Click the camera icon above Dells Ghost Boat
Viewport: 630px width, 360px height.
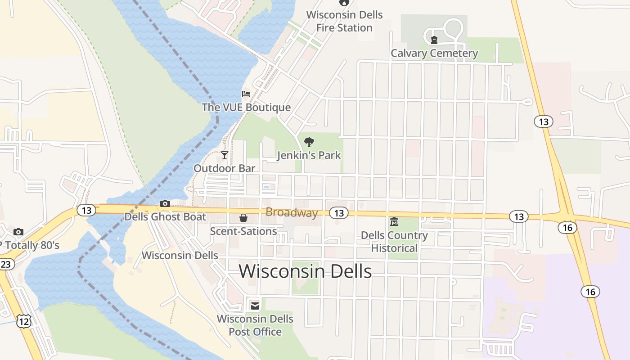(165, 203)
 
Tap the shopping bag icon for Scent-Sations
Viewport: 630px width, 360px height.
(243, 218)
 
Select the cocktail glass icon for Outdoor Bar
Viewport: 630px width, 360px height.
(225, 155)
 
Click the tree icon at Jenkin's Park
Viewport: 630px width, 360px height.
(309, 142)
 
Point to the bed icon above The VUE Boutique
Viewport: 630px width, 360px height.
(246, 94)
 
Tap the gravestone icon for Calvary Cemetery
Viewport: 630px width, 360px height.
(434, 40)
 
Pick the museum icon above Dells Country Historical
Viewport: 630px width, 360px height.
(395, 221)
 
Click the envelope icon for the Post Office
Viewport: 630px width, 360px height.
(255, 306)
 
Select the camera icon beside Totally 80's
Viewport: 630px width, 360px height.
(18, 232)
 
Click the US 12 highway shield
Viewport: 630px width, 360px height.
(24, 321)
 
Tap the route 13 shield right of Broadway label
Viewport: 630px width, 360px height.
(339, 213)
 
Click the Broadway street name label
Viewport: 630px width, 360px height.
(292, 212)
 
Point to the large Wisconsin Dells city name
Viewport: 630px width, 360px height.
(305, 271)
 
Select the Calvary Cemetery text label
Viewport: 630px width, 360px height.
(434, 53)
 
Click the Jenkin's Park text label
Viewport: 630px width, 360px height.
(309, 156)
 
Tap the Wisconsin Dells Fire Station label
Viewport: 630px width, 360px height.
(344, 21)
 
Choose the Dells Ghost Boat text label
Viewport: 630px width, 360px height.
(165, 216)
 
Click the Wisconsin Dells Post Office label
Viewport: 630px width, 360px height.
(255, 325)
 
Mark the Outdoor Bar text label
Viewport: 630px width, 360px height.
(225, 168)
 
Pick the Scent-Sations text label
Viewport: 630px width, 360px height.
(243, 231)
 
